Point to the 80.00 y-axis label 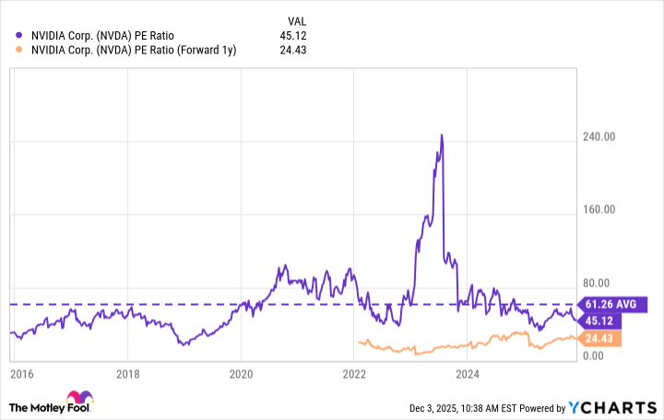[x=599, y=283]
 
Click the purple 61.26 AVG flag [x=612, y=303]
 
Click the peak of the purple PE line [x=442, y=135]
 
